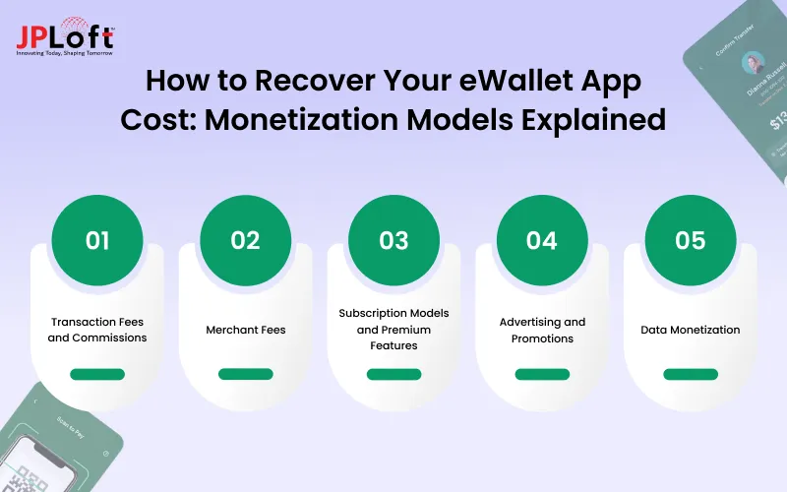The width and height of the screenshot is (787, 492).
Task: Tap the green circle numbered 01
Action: tap(97, 241)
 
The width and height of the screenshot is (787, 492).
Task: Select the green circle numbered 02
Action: tap(246, 241)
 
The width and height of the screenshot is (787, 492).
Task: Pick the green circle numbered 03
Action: tap(393, 241)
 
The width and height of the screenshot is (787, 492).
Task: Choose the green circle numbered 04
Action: tap(542, 241)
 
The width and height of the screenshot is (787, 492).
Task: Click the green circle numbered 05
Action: tap(691, 241)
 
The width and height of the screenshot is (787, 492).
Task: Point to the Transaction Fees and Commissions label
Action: tap(97, 330)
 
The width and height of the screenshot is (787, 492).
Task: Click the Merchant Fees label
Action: tap(246, 330)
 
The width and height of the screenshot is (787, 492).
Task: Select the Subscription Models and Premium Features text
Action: tap(393, 329)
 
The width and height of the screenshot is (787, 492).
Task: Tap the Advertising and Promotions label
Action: tap(542, 330)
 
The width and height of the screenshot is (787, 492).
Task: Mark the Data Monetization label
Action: tap(691, 330)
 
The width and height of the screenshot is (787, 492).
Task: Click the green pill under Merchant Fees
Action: tap(246, 374)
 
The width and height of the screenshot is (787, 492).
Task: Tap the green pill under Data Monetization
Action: tap(691, 374)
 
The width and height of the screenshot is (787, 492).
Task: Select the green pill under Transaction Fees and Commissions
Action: tap(97, 374)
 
